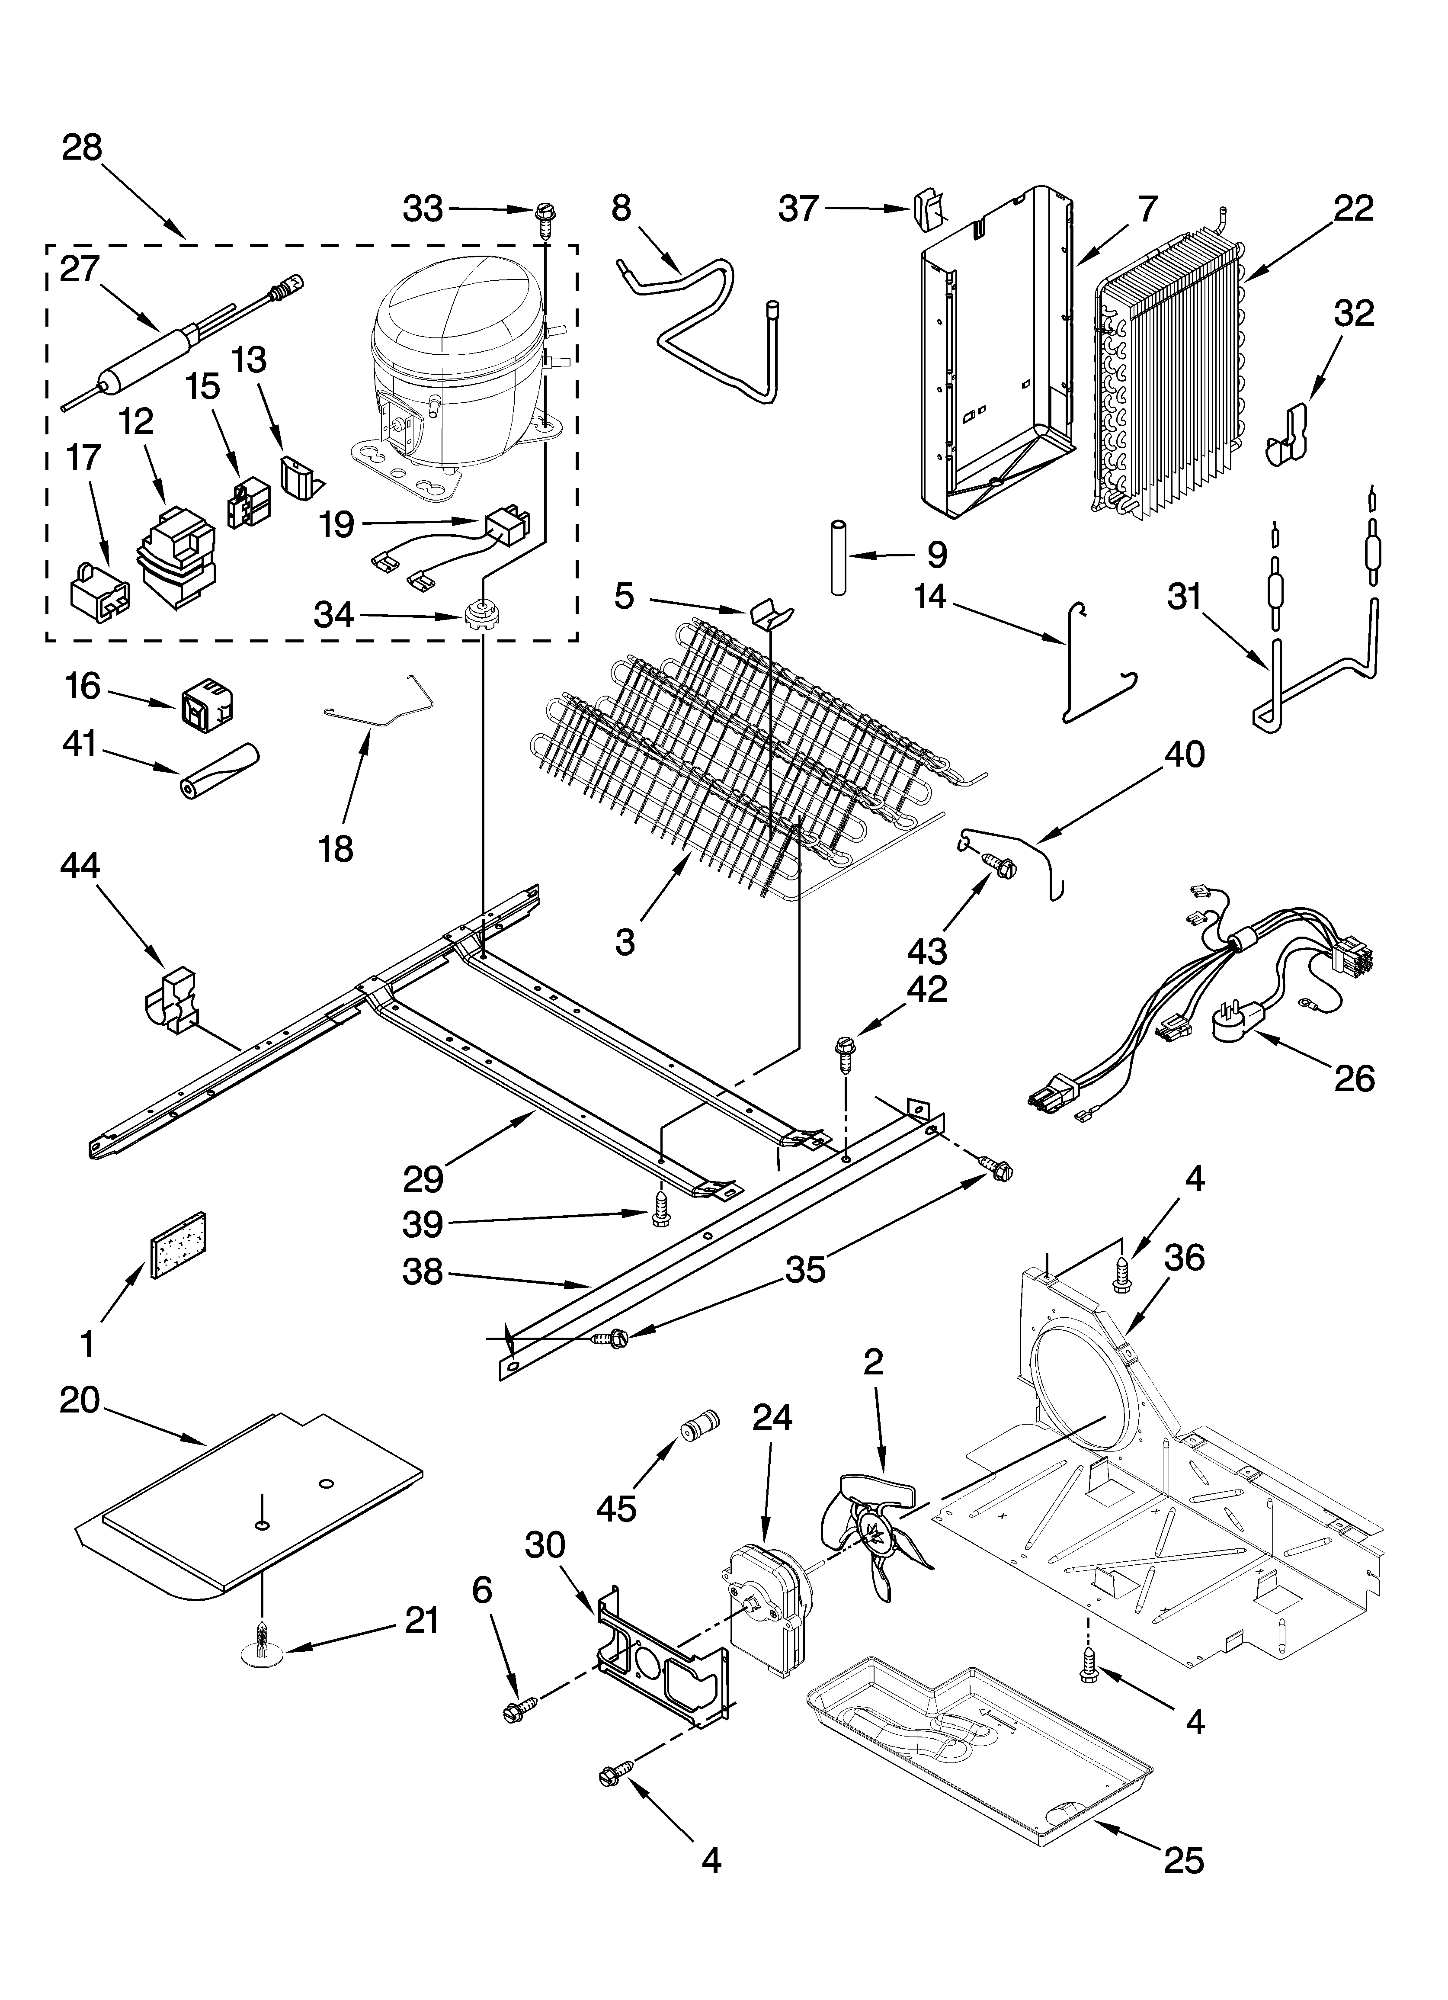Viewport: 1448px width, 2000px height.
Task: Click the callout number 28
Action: (x=82, y=148)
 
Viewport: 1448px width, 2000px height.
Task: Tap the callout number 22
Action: (x=1354, y=209)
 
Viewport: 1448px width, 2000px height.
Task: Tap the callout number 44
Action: (x=80, y=866)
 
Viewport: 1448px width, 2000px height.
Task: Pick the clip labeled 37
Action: (x=928, y=208)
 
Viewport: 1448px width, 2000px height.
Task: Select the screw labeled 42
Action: (x=845, y=1052)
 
